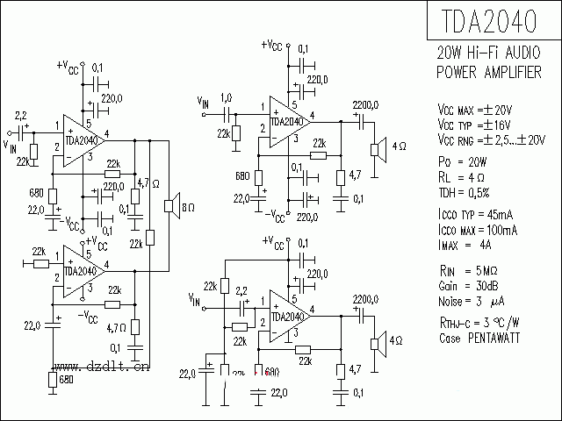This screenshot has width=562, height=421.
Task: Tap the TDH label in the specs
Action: click(x=449, y=191)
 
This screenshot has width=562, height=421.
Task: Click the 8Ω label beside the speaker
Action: click(x=188, y=207)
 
